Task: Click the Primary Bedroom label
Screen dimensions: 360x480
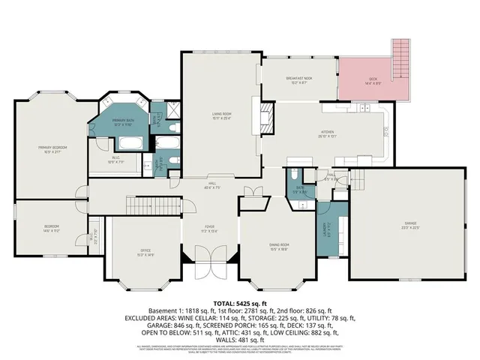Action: pyautogui.click(x=53, y=148)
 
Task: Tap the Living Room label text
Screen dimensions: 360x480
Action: pyautogui.click(x=221, y=115)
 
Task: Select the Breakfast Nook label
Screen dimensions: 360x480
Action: pyautogui.click(x=298, y=80)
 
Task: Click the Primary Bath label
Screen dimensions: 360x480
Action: pyautogui.click(x=123, y=121)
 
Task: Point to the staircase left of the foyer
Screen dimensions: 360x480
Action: pyautogui.click(x=151, y=202)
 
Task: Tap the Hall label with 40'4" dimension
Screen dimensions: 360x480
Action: pyautogui.click(x=212, y=186)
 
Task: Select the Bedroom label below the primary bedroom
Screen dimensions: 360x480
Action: pyautogui.click(x=51, y=227)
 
